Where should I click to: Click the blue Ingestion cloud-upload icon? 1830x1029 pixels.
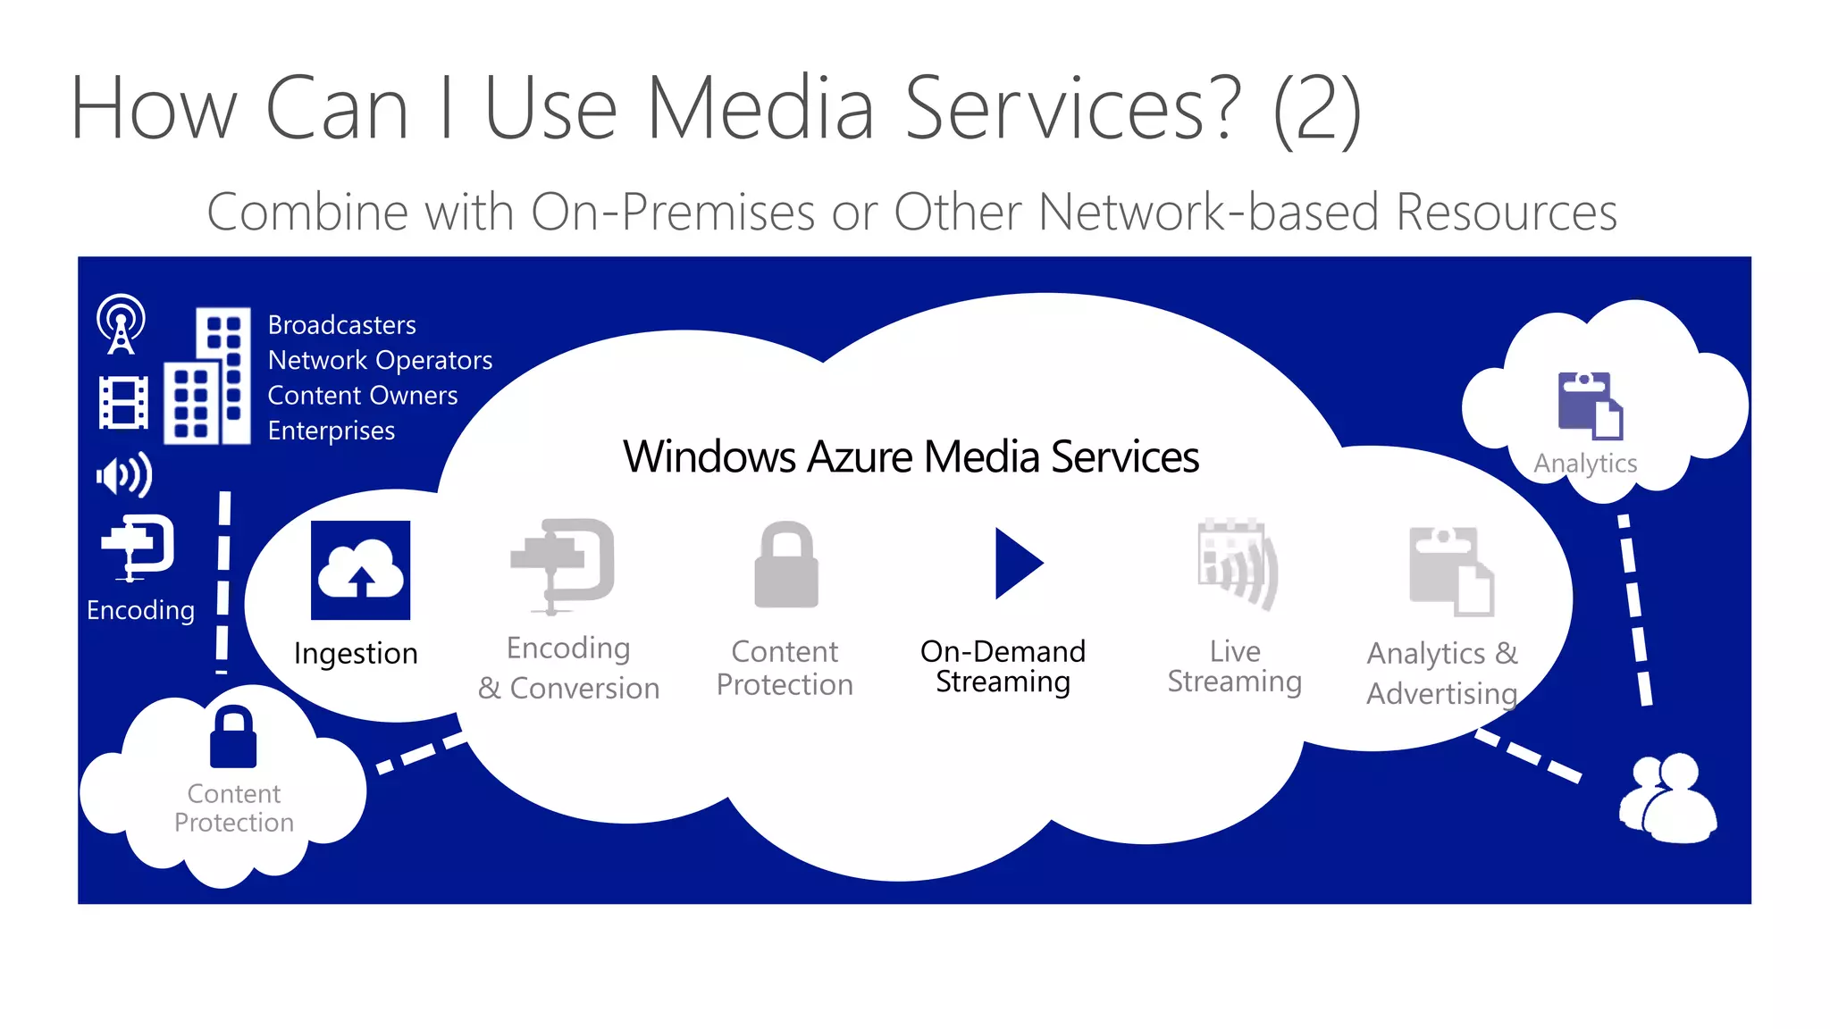click(x=360, y=570)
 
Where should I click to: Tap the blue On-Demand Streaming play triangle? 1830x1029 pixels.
click(x=1016, y=563)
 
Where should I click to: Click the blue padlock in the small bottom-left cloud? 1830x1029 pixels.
click(x=233, y=737)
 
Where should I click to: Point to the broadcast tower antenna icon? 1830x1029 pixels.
click(x=121, y=323)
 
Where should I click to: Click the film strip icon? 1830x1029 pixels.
click(x=123, y=403)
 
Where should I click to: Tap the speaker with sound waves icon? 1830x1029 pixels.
click(x=124, y=475)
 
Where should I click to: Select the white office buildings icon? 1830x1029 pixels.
click(x=207, y=376)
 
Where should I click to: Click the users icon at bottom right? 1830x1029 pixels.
click(x=1667, y=798)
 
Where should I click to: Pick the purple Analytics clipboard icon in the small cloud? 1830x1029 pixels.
click(x=1591, y=406)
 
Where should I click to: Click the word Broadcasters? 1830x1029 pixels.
click(x=341, y=325)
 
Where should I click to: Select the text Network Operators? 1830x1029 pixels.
click(x=380, y=360)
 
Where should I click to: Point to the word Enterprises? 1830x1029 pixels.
click(x=331, y=431)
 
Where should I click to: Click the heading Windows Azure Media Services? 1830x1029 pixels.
click(x=911, y=456)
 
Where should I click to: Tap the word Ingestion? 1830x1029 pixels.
click(x=356, y=654)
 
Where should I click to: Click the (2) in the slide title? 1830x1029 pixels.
click(x=1316, y=109)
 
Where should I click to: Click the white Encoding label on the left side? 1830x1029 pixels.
click(x=140, y=610)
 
